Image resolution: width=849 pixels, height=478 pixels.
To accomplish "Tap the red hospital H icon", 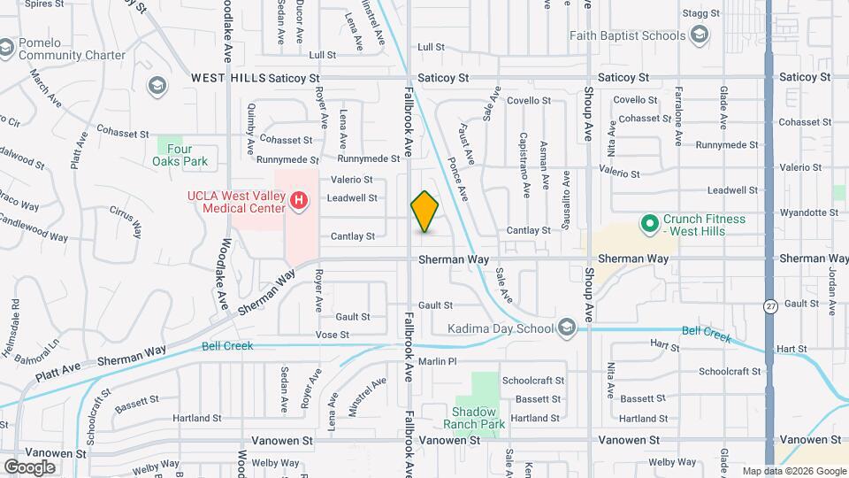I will tap(299, 202).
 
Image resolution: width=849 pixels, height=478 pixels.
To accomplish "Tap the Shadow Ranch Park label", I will tap(478, 418).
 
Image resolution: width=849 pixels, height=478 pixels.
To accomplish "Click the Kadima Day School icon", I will tap(566, 329).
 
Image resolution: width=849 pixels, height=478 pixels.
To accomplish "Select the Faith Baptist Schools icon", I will tap(700, 35).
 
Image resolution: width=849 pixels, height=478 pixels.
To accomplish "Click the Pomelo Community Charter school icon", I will tap(7, 46).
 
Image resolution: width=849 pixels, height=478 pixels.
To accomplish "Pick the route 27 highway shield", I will tap(771, 306).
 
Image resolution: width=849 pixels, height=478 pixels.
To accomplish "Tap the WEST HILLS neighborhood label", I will tap(228, 78).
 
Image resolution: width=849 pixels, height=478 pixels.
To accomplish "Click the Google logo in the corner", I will tap(29, 466).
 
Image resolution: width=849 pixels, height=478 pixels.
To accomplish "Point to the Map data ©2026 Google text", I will tap(793, 471).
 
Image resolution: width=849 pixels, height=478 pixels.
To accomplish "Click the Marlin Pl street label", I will tap(437, 361).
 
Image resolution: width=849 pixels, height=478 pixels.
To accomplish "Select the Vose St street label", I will tap(333, 335).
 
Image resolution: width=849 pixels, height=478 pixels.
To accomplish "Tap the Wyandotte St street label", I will tap(807, 212).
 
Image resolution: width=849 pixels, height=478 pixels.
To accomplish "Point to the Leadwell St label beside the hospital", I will tap(352, 198).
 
